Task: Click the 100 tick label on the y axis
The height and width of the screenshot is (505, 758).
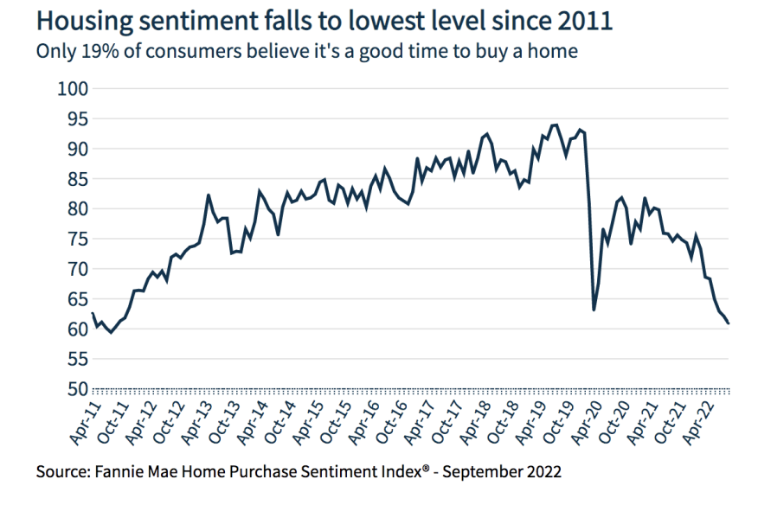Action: point(73,88)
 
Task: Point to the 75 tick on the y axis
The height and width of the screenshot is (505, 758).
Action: point(77,239)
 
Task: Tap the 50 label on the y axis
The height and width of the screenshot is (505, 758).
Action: point(77,389)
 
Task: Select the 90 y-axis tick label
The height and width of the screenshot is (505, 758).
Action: point(77,149)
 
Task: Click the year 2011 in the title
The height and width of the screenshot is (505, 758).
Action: point(586,21)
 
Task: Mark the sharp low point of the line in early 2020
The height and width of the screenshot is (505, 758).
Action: point(594,310)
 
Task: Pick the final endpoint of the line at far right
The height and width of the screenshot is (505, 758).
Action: point(729,323)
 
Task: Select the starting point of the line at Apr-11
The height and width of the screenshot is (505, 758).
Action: point(92,313)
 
